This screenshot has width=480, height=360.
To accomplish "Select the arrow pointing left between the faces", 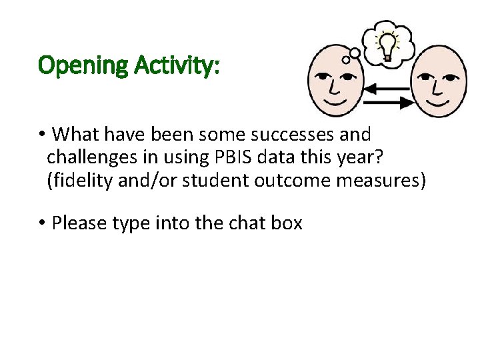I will coord(388,88).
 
